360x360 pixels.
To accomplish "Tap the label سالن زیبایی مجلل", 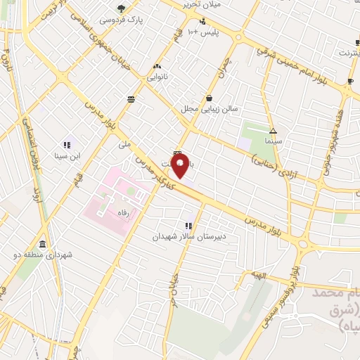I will click(x=209, y=109).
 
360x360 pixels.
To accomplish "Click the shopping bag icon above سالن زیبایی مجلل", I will click(x=210, y=98).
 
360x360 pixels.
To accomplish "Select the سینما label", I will click(x=273, y=141).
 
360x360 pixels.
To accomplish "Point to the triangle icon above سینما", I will click(x=273, y=131).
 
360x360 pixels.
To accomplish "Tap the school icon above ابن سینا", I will click(x=67, y=145).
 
